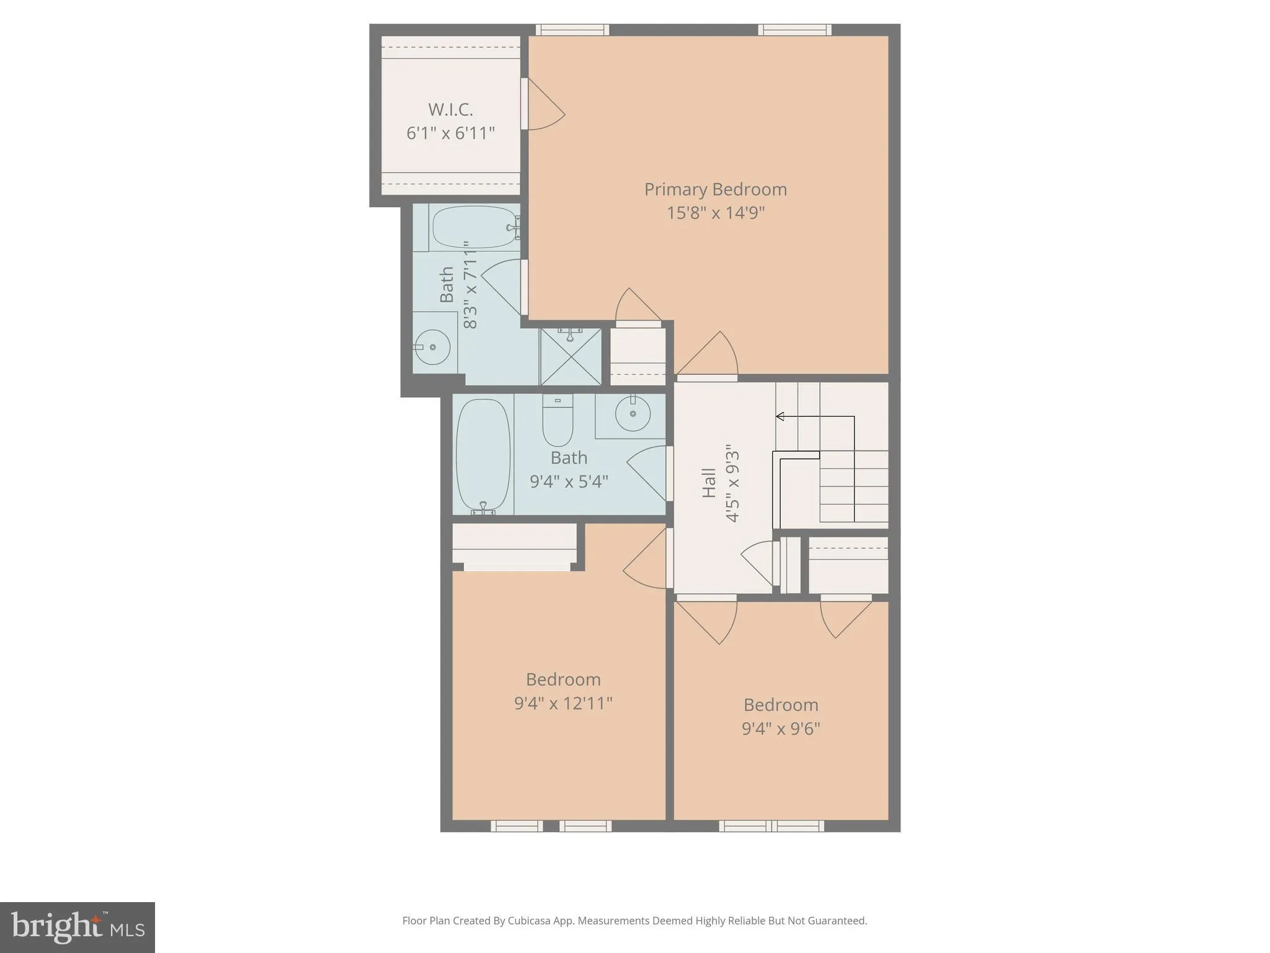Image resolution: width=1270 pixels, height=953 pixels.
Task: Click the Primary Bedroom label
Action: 716,189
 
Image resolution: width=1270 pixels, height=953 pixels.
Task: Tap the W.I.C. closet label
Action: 451,110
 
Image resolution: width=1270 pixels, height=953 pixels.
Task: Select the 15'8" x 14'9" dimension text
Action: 716,213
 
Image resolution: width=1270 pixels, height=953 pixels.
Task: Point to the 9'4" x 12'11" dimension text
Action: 563,703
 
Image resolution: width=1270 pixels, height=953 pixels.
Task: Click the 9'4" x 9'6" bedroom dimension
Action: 781,728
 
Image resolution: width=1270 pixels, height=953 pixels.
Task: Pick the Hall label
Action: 709,483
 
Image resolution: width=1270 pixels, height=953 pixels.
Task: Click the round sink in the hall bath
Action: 633,413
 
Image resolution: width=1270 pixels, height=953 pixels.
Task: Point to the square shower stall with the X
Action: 571,357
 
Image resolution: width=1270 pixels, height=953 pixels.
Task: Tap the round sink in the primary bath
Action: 432,347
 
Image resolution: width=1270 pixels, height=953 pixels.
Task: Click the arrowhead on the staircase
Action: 780,416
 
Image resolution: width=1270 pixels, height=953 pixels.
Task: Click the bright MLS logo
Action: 78,927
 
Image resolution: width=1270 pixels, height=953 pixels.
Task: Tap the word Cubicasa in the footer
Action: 530,921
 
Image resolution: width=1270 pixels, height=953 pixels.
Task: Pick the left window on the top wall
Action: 572,30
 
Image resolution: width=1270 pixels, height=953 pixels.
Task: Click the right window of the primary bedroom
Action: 794,30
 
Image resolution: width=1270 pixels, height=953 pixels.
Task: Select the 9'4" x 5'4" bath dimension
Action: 569,481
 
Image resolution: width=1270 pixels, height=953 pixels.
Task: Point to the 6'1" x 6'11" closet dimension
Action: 451,133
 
